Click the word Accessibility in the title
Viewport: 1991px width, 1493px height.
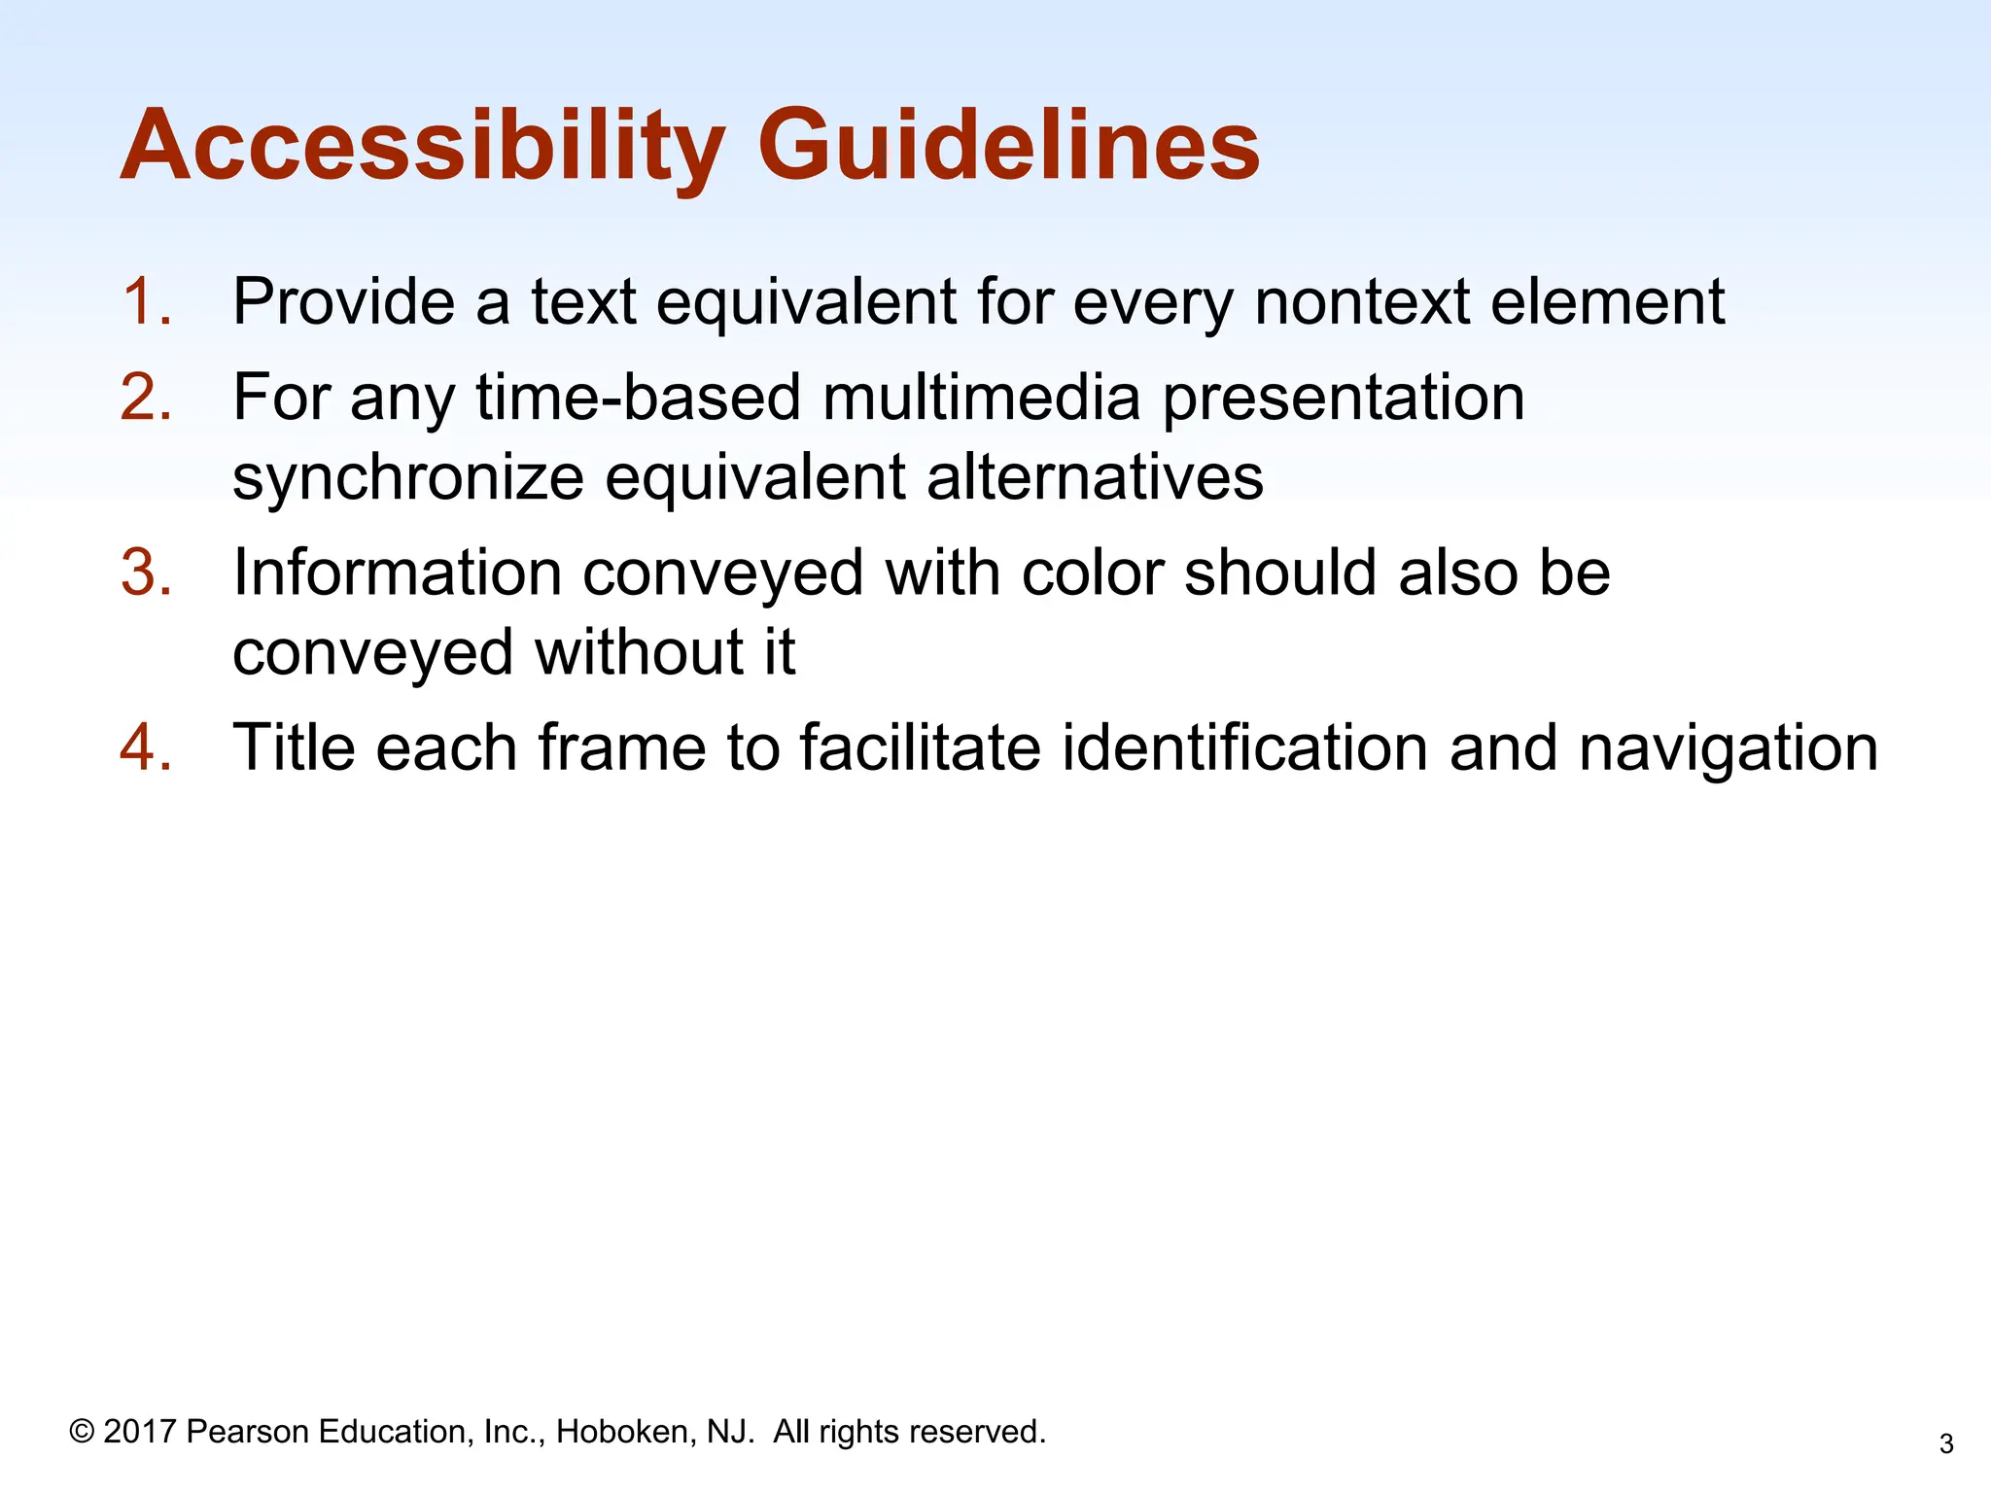click(423, 146)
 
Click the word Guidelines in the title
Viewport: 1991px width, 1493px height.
click(1008, 146)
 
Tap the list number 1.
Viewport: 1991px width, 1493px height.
click(146, 301)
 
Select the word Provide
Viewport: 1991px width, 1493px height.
click(343, 301)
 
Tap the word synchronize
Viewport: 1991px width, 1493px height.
click(407, 478)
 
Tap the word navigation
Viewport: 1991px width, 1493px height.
click(1728, 749)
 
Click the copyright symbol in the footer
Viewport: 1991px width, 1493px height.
click(82, 1431)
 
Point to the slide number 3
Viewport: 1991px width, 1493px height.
click(1945, 1444)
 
